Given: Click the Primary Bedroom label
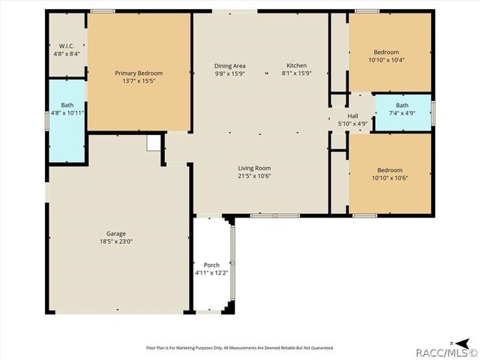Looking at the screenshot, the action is click(x=139, y=73).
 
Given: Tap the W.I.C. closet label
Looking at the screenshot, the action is click(x=67, y=46).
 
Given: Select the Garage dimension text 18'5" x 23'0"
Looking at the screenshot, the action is click(x=116, y=241).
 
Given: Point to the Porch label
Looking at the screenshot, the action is click(x=211, y=265).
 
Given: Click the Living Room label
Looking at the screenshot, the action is click(x=254, y=168).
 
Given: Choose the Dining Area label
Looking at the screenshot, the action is click(x=229, y=66).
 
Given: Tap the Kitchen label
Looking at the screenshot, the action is click(x=297, y=65).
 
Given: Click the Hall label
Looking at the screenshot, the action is click(x=352, y=116).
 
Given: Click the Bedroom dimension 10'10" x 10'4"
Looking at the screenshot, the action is click(x=386, y=60).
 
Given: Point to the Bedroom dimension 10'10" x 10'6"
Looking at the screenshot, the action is click(x=390, y=178).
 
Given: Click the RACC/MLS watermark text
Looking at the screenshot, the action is click(x=447, y=353).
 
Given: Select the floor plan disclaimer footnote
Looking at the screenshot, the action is click(x=240, y=348).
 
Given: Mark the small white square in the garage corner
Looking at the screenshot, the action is click(x=153, y=143).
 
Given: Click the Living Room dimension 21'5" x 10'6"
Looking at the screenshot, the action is click(x=254, y=176).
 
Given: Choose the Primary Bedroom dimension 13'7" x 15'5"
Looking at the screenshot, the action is click(x=139, y=81).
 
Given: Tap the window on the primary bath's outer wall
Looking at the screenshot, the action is click(x=47, y=121).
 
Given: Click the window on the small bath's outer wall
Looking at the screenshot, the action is click(x=433, y=113).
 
